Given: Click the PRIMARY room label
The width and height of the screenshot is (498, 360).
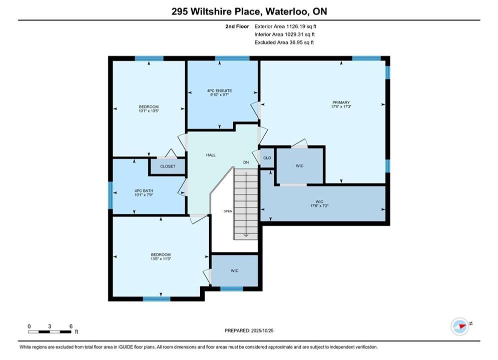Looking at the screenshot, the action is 341,102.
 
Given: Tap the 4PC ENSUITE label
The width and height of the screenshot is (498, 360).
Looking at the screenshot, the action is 219,90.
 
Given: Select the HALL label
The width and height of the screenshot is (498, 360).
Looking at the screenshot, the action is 211,155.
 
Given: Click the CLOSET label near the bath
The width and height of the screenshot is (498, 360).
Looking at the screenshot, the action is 168,166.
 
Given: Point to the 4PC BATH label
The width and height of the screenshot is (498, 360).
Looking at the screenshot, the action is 144,190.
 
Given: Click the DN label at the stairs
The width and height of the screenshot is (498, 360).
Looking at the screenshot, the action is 246,162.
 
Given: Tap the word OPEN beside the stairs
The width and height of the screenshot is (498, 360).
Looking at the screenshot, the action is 228,211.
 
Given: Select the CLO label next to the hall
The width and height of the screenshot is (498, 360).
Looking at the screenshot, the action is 267,157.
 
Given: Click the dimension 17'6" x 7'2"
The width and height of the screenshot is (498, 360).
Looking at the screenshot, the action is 319,206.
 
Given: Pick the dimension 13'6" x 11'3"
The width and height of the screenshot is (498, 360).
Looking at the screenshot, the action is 161,259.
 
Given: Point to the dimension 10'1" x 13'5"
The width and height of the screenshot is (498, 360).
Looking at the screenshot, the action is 149,111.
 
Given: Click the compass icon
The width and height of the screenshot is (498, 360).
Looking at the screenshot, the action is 460,326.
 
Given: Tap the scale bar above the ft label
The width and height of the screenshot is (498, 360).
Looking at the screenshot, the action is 50,332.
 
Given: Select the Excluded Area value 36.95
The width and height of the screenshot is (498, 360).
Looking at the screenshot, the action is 296,42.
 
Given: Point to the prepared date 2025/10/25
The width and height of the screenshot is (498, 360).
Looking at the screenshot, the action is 262,330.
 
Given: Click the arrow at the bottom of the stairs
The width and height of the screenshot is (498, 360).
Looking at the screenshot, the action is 246,235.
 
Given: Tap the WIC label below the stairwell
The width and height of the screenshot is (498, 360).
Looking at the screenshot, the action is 235,271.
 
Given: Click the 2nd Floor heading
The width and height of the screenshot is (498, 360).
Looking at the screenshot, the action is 237,26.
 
